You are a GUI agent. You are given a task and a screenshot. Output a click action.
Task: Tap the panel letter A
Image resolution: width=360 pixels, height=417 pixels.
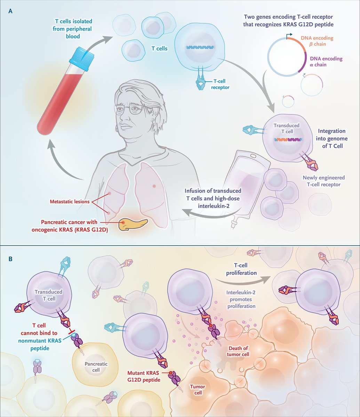(x=10, y=11)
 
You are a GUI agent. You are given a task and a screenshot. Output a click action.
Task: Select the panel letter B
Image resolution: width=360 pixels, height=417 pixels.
(x=10, y=259)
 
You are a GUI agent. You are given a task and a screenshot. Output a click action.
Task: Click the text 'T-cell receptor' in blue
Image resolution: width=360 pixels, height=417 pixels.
(x=220, y=84)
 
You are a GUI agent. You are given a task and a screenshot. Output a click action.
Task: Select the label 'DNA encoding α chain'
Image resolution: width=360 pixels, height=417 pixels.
(x=326, y=62)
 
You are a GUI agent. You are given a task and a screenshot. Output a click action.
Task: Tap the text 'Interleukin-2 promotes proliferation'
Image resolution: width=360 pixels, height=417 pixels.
(x=241, y=300)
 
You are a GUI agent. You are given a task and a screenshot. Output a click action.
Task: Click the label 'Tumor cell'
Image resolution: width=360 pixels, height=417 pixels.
(x=197, y=390)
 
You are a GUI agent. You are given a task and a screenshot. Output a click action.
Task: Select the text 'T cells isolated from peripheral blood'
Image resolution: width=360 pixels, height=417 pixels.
(x=73, y=29)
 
